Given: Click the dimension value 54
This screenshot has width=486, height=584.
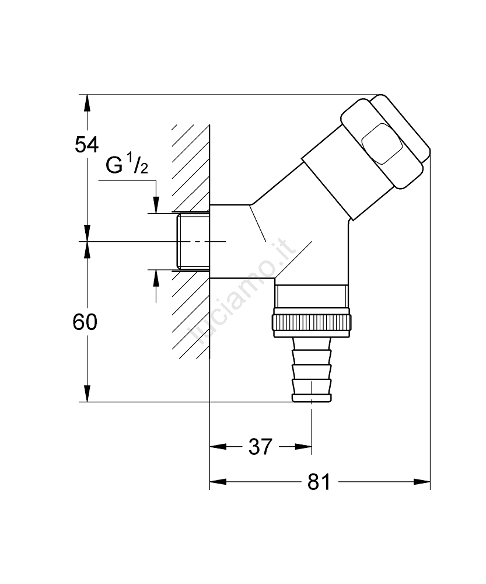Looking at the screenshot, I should tap(87, 144).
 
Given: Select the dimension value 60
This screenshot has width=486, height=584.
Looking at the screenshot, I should tap(85, 322).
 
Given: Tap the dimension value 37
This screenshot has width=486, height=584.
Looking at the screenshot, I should tap(260, 447).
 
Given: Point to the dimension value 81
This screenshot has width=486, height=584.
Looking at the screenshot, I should tap(318, 482).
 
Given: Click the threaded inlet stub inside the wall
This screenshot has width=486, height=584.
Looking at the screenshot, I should tap(193, 241).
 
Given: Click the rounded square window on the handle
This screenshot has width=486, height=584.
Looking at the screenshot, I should tap(382, 144).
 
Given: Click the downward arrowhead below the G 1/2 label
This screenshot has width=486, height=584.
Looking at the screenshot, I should tap(156, 204).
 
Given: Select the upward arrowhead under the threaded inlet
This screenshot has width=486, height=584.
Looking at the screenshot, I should tap(156, 277).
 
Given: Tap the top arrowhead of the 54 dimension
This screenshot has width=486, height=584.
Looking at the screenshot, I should tap(87, 103).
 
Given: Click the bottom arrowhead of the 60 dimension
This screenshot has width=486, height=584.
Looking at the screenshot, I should tap(87, 394).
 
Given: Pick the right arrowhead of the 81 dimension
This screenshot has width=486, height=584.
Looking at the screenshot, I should tap(422, 482).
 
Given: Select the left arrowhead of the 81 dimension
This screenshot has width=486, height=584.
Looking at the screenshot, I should tap(218, 482).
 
